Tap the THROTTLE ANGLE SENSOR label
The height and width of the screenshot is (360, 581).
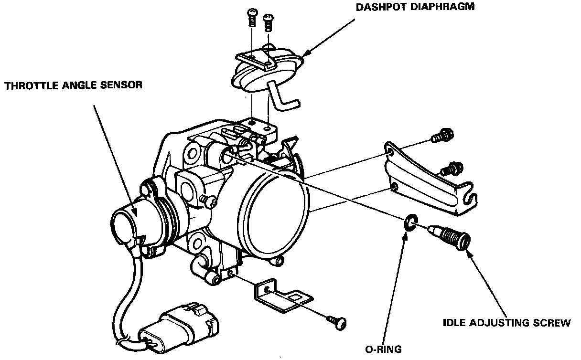(73, 85)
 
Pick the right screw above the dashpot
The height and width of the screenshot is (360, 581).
(269, 21)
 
